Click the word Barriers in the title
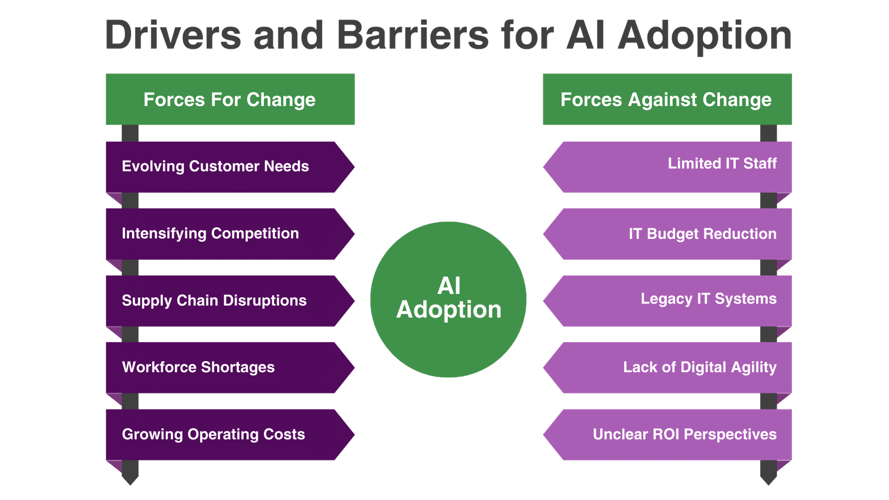(413, 35)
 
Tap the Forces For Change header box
(230, 99)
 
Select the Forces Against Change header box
(667, 99)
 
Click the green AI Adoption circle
(448, 299)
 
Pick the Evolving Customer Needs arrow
(230, 167)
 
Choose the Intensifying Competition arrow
(230, 234)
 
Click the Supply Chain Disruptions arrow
(230, 301)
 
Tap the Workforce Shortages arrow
(230, 368)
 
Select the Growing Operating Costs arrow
(230, 435)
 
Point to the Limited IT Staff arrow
(667, 167)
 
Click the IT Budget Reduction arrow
(667, 234)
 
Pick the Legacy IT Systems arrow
(667, 301)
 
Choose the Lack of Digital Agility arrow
(667, 368)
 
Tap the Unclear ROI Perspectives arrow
(667, 435)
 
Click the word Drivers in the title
(173, 35)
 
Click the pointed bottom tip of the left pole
(130, 485)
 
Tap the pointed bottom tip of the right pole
(768, 485)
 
